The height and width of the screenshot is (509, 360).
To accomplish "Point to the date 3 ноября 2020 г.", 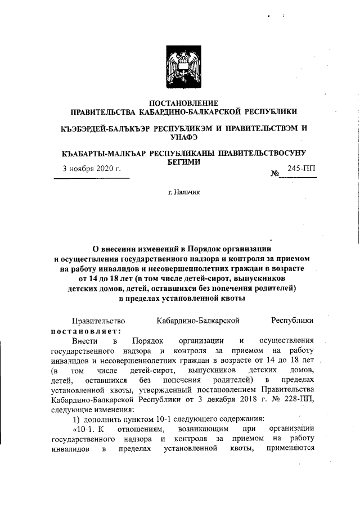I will pyautogui.click(x=91, y=168).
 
